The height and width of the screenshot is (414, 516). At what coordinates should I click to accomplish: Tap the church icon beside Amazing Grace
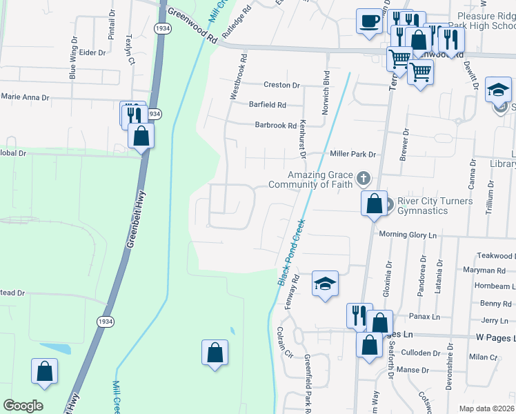tap(364, 180)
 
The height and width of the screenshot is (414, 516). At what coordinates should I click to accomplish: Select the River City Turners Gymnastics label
tap(435, 206)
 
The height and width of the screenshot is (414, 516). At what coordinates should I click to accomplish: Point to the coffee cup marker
tap(369, 20)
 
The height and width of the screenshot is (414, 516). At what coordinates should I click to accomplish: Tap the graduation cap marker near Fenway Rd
tap(325, 283)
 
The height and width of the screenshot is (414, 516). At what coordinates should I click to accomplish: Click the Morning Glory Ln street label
tap(408, 235)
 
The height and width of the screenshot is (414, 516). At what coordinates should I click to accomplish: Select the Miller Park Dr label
tap(353, 155)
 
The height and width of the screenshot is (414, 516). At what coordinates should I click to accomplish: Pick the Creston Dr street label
tap(281, 86)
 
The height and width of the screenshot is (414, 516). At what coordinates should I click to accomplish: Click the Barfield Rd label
tap(267, 105)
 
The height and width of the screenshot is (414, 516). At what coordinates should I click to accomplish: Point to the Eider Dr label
tap(92, 52)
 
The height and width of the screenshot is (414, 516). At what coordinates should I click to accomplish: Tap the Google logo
tap(23, 406)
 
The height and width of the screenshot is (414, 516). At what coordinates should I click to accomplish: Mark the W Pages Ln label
tap(495, 336)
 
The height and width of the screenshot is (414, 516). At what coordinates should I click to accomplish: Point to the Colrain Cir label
tap(283, 344)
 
